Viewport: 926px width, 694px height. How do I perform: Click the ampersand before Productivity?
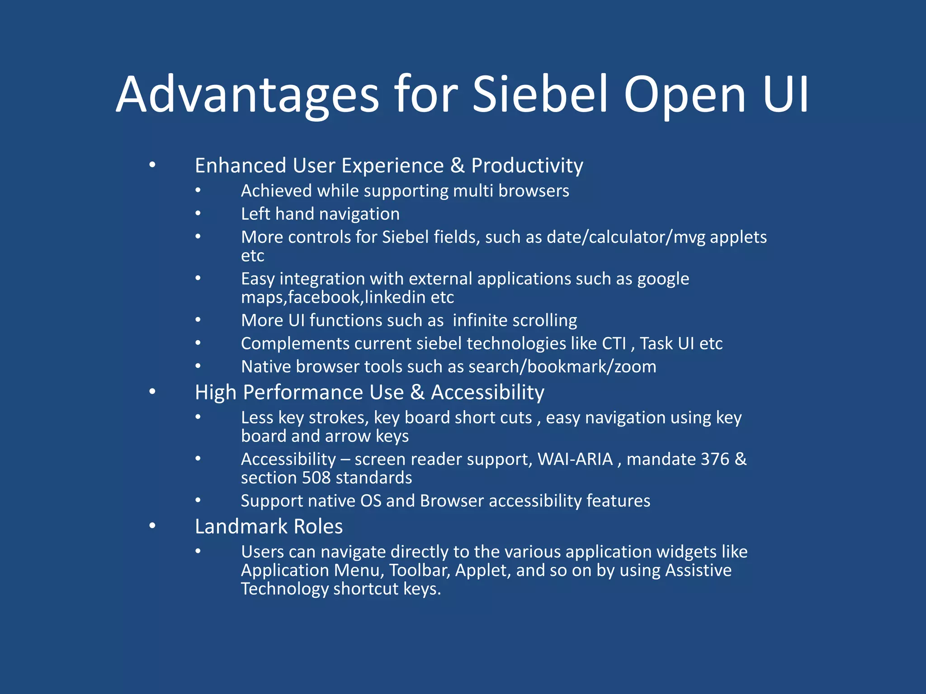pyautogui.click(x=458, y=165)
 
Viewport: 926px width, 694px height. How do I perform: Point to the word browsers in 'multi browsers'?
pyautogui.click(x=534, y=191)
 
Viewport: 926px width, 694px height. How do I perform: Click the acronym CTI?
pyautogui.click(x=614, y=343)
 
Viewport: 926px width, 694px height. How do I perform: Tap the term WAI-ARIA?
pyautogui.click(x=575, y=459)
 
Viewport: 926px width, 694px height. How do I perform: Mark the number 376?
pyautogui.click(x=715, y=459)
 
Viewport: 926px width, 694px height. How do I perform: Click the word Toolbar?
pyautogui.click(x=419, y=570)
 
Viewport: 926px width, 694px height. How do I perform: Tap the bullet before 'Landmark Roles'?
pyautogui.click(x=152, y=525)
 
